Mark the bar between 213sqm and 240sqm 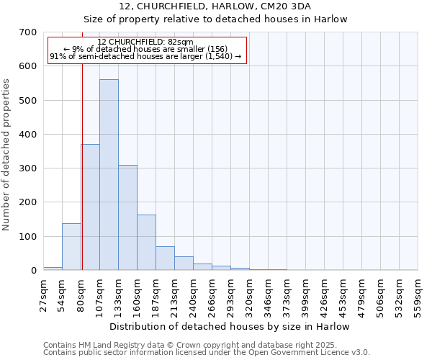(x=184, y=264)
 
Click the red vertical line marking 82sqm (x=82, y=166)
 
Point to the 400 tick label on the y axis (x=29, y=135)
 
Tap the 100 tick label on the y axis (x=29, y=237)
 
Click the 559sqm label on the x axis (x=418, y=294)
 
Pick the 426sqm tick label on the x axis (x=325, y=294)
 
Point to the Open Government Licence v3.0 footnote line (x=207, y=352)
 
